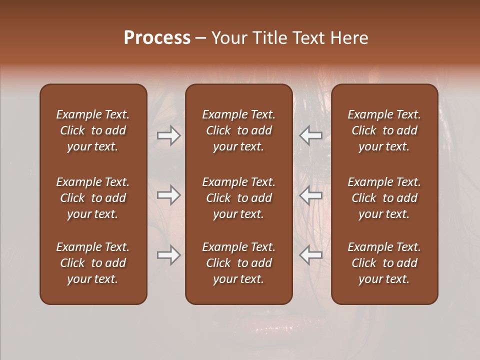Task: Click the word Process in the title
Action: (157, 38)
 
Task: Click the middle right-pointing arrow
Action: (168, 195)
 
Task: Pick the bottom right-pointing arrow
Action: (168, 255)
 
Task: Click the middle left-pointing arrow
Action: (311, 195)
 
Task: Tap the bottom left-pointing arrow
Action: (311, 255)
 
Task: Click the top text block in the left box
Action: (93, 130)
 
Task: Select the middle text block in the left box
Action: (93, 198)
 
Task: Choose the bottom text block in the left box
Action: (93, 263)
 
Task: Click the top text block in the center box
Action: (238, 130)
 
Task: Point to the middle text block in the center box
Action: (238, 198)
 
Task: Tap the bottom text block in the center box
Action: (238, 263)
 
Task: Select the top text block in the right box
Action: (384, 130)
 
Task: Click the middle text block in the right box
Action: (384, 198)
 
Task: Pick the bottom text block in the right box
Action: (384, 263)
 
